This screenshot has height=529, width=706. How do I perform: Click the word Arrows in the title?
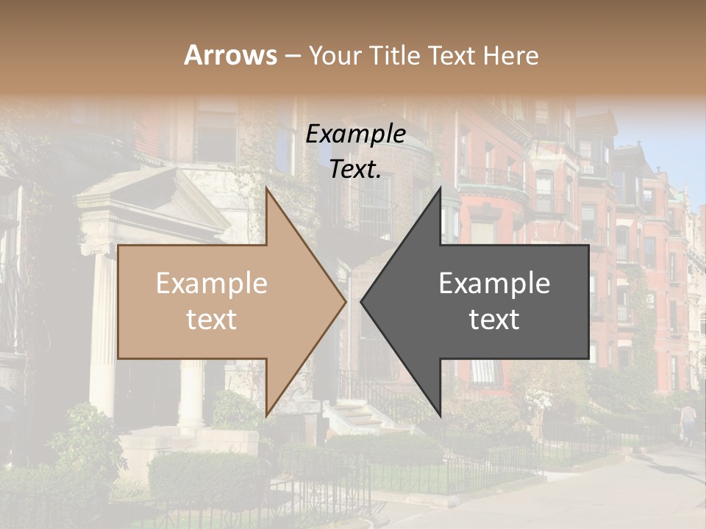pyautogui.click(x=230, y=55)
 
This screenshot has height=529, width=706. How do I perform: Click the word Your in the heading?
pyautogui.click(x=335, y=56)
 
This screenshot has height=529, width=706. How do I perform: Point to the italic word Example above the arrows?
pyautogui.click(x=356, y=134)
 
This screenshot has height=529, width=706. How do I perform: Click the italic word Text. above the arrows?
pyautogui.click(x=356, y=169)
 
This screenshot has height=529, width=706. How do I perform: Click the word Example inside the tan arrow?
pyautogui.click(x=212, y=284)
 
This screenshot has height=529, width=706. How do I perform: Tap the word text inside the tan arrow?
pyautogui.click(x=212, y=319)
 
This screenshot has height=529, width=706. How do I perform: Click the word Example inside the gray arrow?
pyautogui.click(x=494, y=284)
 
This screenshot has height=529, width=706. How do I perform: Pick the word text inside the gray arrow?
pyautogui.click(x=494, y=319)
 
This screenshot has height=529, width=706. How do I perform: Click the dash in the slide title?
pyautogui.click(x=292, y=56)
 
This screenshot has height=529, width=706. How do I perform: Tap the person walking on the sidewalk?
pyautogui.click(x=688, y=422)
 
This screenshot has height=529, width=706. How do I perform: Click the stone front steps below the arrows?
pyautogui.click(x=353, y=419)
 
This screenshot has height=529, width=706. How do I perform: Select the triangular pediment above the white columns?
pyautogui.click(x=147, y=195)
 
